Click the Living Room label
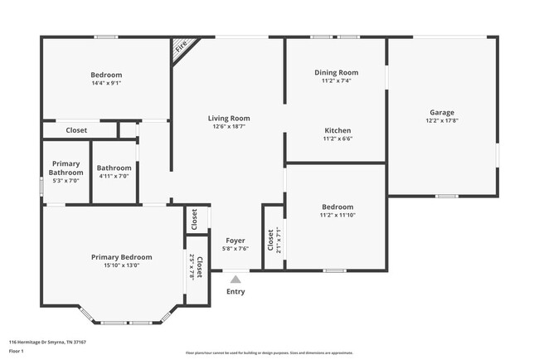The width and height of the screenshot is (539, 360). (228, 119)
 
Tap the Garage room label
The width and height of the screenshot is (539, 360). (441, 113)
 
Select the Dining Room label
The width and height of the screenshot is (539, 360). (336, 73)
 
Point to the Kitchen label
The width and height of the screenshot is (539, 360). (337, 131)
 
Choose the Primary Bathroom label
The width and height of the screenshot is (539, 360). (66, 168)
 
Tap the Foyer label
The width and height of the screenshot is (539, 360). (236, 239)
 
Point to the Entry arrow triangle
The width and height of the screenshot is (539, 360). (236, 280)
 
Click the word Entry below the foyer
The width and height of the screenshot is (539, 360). (236, 291)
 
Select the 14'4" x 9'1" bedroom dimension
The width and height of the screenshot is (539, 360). (106, 83)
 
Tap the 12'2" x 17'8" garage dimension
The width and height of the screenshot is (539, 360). (441, 121)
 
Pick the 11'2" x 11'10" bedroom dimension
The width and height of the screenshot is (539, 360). (337, 216)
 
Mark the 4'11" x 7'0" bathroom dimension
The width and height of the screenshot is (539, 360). (114, 176)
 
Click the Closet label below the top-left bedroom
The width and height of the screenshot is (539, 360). (77, 130)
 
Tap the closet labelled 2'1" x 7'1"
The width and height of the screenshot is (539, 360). (273, 240)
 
